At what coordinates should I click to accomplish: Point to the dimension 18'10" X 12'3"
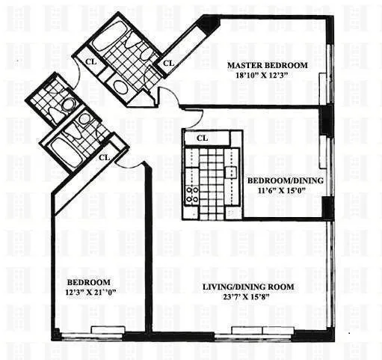tap(270, 76)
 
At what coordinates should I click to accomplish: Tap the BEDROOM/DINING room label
tap(285, 181)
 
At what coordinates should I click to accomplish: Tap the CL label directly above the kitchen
tap(202, 138)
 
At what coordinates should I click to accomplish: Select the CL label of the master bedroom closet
tap(168, 63)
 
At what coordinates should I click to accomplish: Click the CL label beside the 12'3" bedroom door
tap(105, 157)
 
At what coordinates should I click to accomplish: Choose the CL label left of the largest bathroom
tap(90, 63)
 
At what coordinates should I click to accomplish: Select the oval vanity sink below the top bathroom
tap(120, 88)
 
